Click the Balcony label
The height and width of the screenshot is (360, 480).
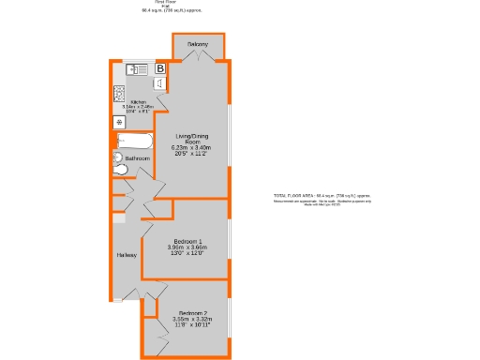pyautogui.click(x=197, y=45)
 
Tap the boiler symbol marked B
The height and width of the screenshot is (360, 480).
pyautogui.click(x=160, y=68)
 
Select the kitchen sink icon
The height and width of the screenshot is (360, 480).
pyautogui.click(x=137, y=68)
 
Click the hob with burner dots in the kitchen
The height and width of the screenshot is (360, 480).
pyautogui.click(x=120, y=92)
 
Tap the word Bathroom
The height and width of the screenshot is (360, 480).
pyautogui.click(x=138, y=159)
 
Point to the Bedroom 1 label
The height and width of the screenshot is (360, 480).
pyautogui.click(x=187, y=241)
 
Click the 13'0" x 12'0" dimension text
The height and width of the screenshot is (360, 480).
pyautogui.click(x=187, y=253)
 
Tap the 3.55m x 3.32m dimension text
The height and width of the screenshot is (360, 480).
pyautogui.click(x=191, y=320)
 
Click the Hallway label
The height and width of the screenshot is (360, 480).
pyautogui.click(x=127, y=255)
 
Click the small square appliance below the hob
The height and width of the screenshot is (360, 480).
pyautogui.click(x=119, y=122)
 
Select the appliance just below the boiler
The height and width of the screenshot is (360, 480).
pyautogui.click(x=160, y=84)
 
